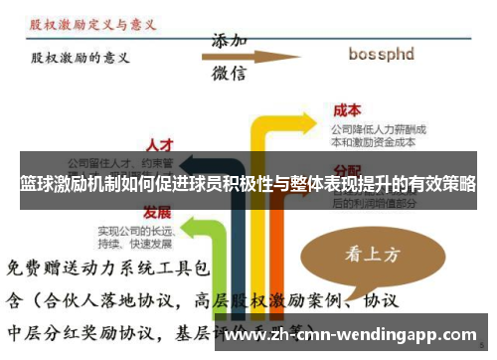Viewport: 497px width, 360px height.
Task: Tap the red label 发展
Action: coord(156,212)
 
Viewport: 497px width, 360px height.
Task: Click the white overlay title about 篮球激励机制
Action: coord(248,185)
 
